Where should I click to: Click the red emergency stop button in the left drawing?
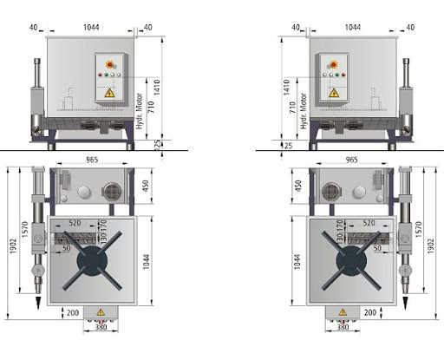coord(109,64)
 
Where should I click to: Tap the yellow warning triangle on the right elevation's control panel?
coord(334,93)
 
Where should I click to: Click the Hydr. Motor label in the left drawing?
coord(140,111)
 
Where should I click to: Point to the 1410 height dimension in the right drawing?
coord(286,87)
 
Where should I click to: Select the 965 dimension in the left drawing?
coord(92,160)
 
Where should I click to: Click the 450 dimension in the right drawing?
coord(298,186)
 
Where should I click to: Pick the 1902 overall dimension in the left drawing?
coord(13,246)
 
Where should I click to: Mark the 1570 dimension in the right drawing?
coord(419,230)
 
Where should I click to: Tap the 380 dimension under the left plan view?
coord(101,327)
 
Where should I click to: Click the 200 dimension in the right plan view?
coord(370,312)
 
